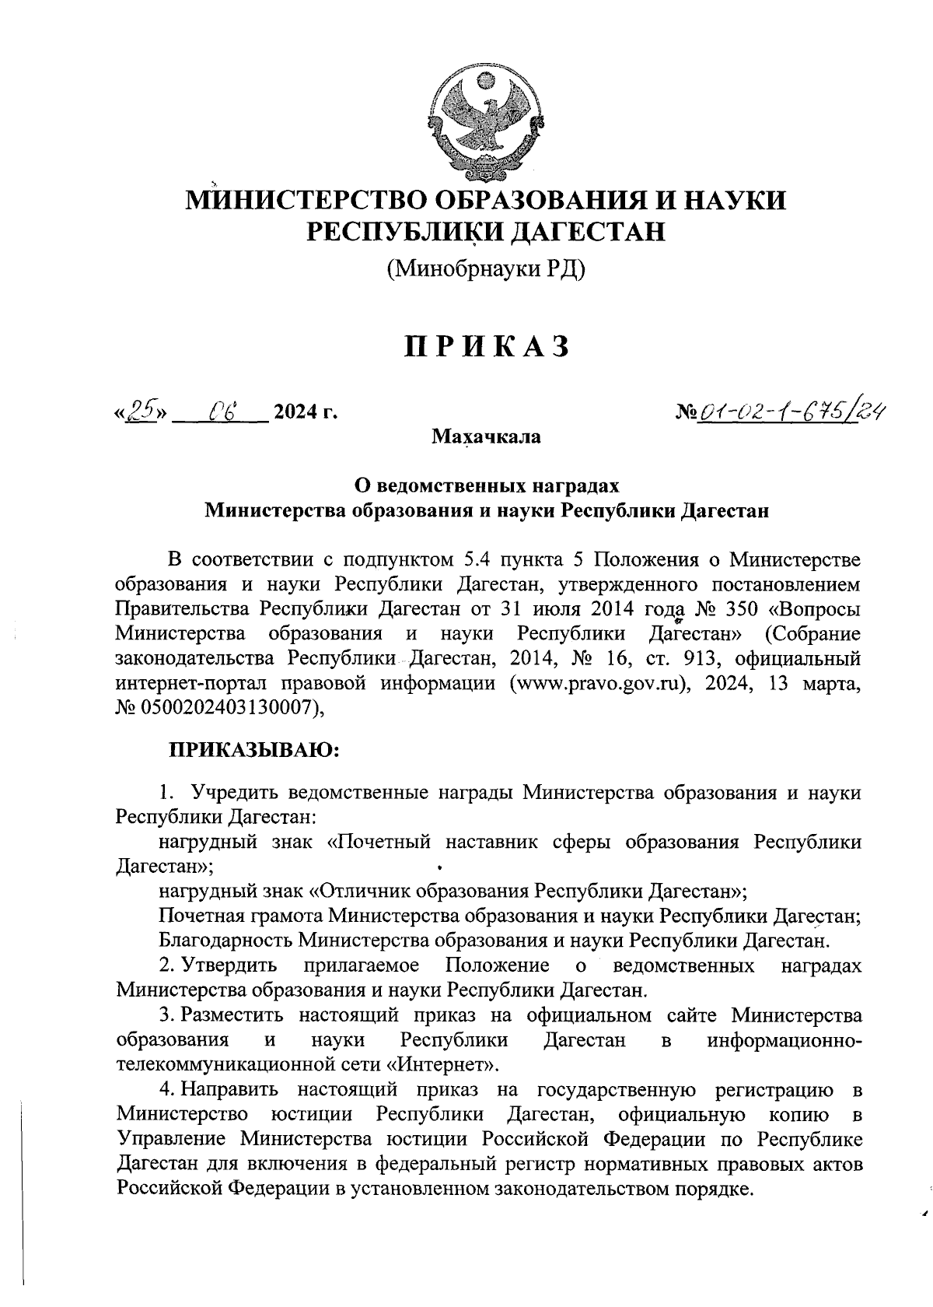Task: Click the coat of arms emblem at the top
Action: (x=486, y=125)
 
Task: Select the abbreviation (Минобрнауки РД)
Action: (x=486, y=269)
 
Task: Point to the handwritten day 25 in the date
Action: (x=142, y=410)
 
